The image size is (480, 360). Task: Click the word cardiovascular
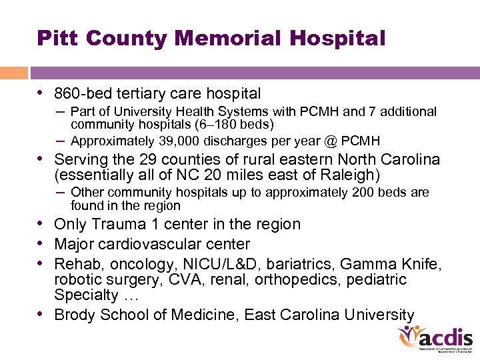153,244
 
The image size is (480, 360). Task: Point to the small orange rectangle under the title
13,73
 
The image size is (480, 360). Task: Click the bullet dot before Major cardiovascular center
41,244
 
